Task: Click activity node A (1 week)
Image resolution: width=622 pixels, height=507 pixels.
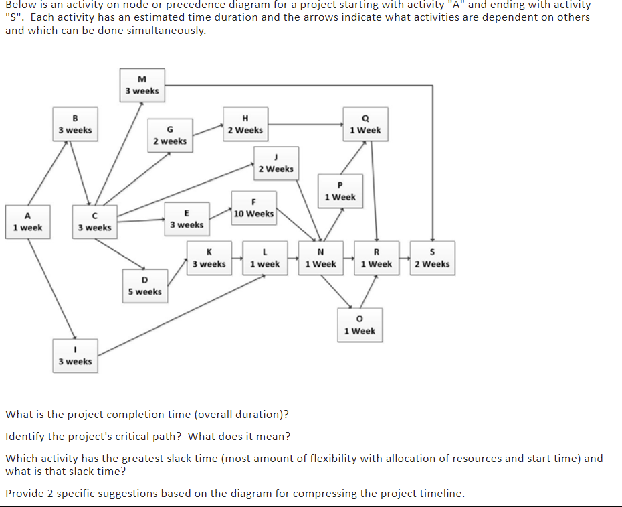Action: tap(27, 222)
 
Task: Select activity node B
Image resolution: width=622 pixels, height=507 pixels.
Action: tap(75, 124)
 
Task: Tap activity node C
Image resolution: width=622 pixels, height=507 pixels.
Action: tap(94, 222)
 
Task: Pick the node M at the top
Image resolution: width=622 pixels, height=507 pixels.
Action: tap(142, 85)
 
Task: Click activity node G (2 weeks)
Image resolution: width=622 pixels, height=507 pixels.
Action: tap(170, 135)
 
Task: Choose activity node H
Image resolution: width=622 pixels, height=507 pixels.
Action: tap(245, 124)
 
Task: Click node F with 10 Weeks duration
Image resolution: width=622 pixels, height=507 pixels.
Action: tap(253, 208)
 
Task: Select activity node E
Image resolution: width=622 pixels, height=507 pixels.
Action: tap(187, 219)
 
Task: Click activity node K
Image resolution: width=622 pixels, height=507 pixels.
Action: tap(209, 258)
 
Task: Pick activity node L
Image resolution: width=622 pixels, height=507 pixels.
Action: tap(265, 258)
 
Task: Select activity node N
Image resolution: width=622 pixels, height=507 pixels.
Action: tap(320, 258)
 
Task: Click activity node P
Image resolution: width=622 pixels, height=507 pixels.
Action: tap(340, 191)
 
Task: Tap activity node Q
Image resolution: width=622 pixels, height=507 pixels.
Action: tap(365, 124)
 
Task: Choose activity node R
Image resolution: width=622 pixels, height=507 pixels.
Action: tap(376, 258)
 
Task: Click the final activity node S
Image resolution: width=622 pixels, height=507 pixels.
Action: tap(432, 258)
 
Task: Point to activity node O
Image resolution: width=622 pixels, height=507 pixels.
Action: tap(360, 325)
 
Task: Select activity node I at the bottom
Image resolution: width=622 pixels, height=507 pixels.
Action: tap(75, 356)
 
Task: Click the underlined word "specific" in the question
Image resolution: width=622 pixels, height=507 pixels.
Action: tap(71, 494)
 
